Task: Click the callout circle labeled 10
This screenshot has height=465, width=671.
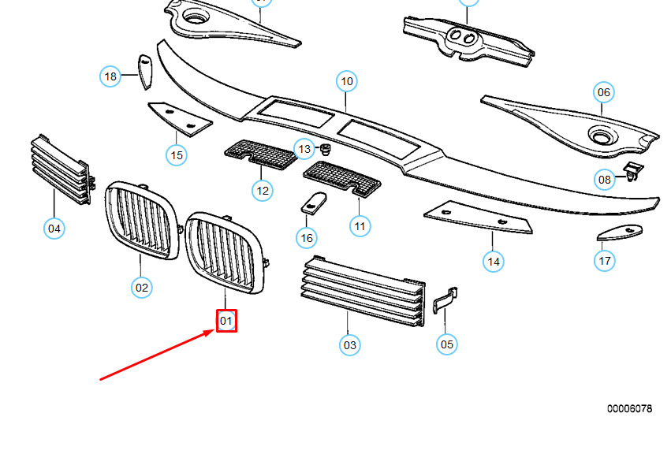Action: tap(347, 81)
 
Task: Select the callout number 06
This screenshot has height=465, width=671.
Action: tap(603, 92)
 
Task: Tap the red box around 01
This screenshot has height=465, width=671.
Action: tap(226, 321)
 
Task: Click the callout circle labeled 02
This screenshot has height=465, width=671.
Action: tap(142, 288)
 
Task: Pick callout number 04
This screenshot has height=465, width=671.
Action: tap(54, 229)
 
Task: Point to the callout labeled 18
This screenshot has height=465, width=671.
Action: tap(110, 76)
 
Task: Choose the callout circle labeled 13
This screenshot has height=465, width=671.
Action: tap(304, 149)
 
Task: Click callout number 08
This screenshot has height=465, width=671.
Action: tap(604, 180)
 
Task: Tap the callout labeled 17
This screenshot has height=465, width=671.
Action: tap(604, 261)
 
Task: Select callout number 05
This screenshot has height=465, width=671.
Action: tap(446, 344)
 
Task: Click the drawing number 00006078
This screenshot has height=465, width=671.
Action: tap(629, 408)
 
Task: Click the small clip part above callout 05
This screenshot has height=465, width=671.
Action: tap(445, 299)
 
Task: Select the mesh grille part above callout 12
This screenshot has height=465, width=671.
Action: tap(261, 154)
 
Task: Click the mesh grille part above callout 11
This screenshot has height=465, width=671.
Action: tap(342, 179)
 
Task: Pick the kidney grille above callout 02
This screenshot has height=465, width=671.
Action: tap(142, 221)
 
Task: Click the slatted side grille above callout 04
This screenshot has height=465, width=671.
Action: tap(62, 169)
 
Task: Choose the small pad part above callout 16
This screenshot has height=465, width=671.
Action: tap(314, 203)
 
